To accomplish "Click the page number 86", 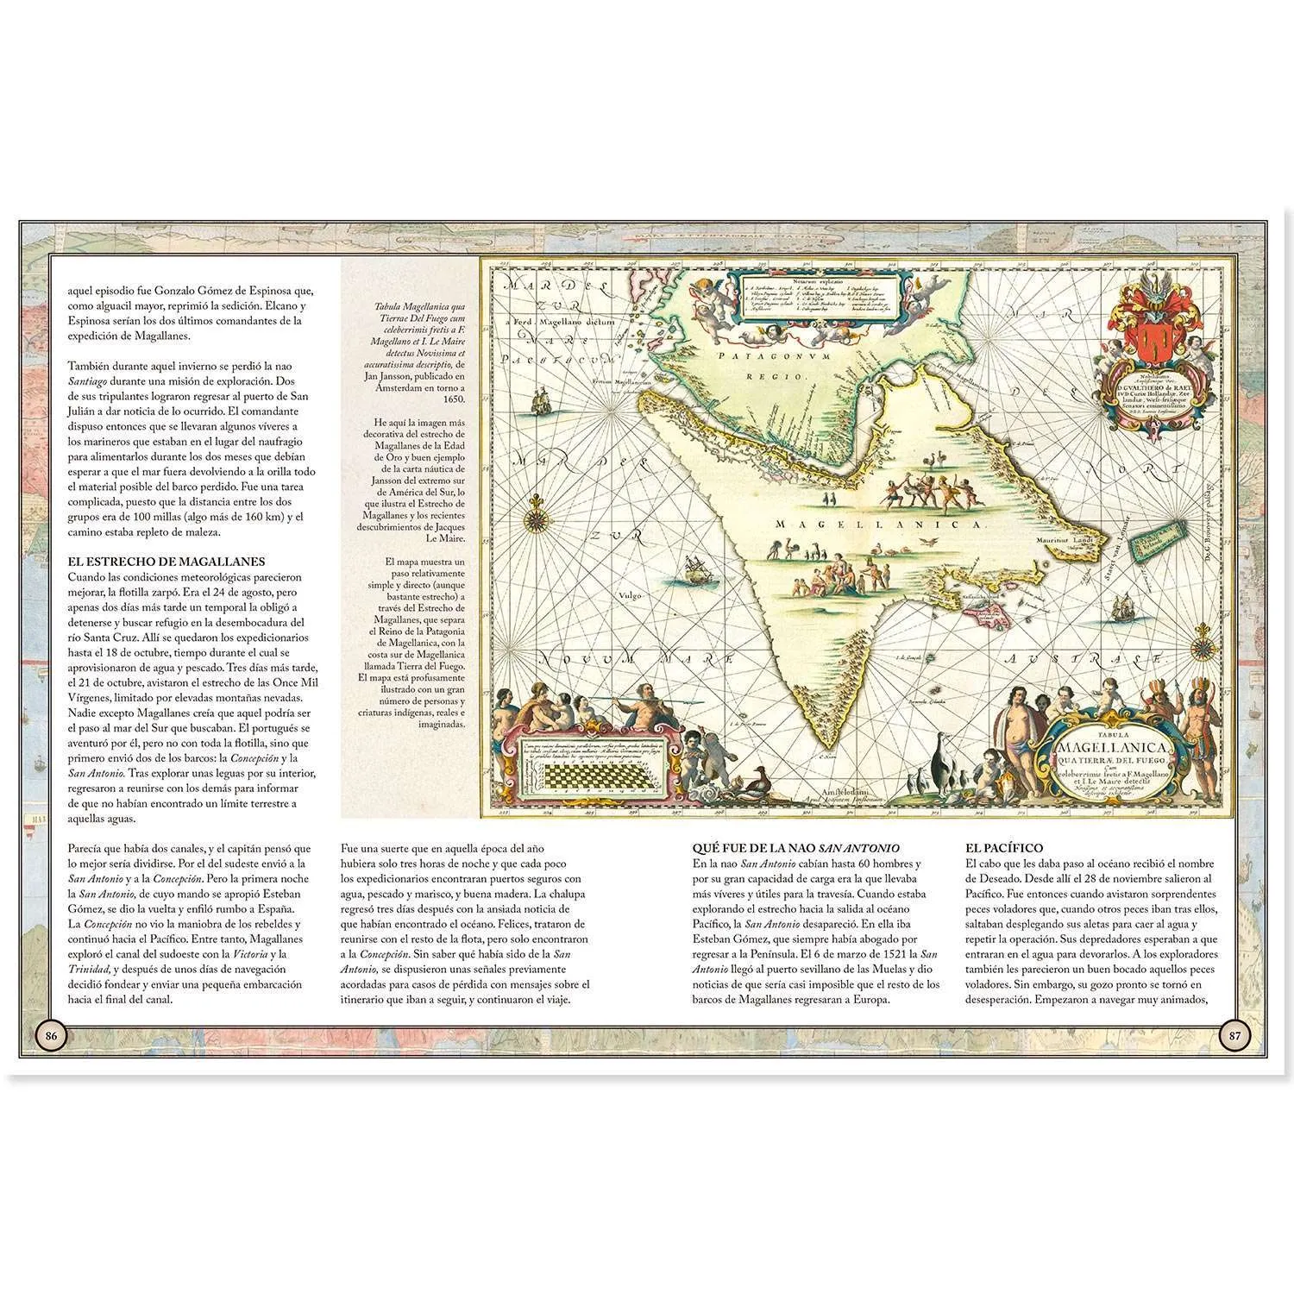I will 51,1036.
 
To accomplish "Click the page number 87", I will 1234,1036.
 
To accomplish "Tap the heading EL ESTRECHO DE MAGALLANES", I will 166,561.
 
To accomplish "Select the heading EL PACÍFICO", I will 1005,848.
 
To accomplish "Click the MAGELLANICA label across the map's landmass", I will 891,525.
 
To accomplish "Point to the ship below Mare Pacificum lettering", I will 542,401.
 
